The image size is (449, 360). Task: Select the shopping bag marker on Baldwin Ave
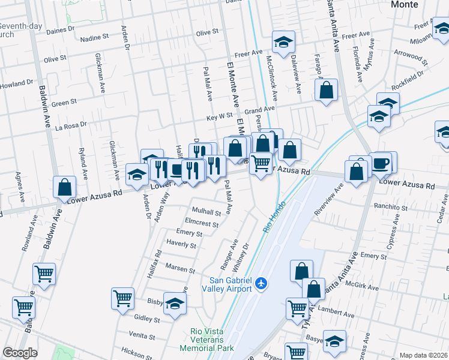pyautogui.click(x=64, y=187)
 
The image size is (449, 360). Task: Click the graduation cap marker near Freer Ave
pyautogui.click(x=283, y=42)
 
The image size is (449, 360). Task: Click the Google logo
pyautogui.click(x=20, y=353)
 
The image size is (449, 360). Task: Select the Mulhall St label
pyautogui.click(x=206, y=212)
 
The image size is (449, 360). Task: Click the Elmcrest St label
pyautogui.click(x=202, y=223)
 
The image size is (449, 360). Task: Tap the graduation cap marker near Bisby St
pyautogui.click(x=175, y=304)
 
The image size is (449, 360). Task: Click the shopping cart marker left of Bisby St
pyautogui.click(x=122, y=298)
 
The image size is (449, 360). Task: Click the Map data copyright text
pyautogui.click(x=424, y=355)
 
